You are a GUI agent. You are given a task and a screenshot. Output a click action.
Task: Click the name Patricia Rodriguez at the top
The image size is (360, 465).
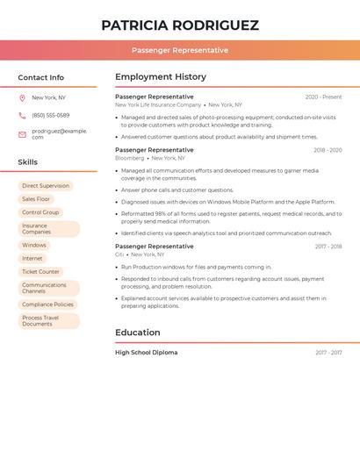pos(180,25)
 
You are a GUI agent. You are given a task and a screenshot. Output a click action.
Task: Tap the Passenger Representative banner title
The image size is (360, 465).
pos(180,50)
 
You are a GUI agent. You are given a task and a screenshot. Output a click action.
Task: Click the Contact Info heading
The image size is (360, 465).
pos(40,77)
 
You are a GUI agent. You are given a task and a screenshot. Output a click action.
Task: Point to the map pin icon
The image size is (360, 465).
pos(22,97)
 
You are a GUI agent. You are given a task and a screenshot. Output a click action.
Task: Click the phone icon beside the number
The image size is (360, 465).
pos(22,115)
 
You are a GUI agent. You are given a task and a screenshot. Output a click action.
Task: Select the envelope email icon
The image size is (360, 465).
pos(22,134)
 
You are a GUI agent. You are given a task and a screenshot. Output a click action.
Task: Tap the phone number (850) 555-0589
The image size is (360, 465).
pos(50,115)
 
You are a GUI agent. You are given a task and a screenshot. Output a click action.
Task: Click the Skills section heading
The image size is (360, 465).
pos(27,162)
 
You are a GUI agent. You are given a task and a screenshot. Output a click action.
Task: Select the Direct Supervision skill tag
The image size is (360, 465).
pos(45,186)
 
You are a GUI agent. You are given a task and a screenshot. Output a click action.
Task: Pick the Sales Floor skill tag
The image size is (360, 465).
pos(36,199)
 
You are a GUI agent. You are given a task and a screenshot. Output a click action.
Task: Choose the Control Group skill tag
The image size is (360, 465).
pos(40,212)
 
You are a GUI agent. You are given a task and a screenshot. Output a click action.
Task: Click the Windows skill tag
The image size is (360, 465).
pos(34,245)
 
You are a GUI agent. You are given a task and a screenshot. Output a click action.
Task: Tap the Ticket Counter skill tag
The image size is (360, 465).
pos(40,271)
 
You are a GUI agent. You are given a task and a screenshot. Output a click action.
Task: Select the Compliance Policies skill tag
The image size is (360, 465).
pos(48,304)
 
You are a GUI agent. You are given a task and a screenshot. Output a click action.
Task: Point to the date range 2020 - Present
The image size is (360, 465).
pos(323,97)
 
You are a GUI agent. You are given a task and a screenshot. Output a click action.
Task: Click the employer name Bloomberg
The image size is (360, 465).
pos(129,158)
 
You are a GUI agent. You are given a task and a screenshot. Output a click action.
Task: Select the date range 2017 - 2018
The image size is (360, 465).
pos(328,247)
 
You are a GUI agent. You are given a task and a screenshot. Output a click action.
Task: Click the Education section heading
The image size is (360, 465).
pos(137,333)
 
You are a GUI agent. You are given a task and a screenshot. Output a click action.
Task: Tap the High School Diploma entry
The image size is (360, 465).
pos(146,352)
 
